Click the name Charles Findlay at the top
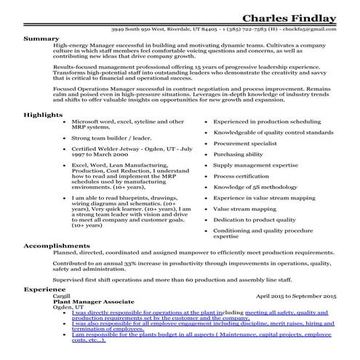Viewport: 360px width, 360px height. coord(289,17)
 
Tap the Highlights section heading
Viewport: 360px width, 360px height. coord(41,115)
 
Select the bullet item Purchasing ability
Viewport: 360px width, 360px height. coord(238,155)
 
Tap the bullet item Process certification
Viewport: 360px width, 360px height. coord(241,176)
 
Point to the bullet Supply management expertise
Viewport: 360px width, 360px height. coord(251,166)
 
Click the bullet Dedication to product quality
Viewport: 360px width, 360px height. coord(253,219)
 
